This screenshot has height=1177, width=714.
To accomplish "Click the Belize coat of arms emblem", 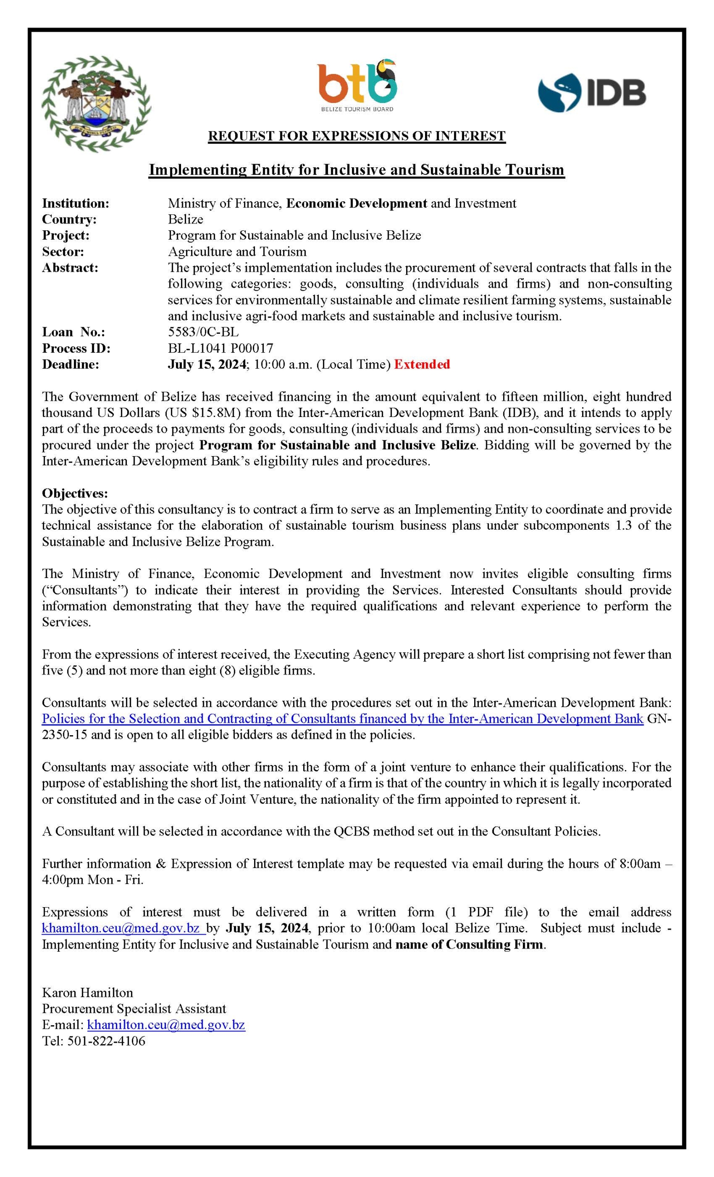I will (96, 103).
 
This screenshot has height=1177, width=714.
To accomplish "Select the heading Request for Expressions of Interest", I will (357, 136).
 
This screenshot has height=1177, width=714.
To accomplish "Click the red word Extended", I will (422, 365).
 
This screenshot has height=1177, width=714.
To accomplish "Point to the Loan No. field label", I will (74, 332).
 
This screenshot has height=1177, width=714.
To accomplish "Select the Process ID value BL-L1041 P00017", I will (220, 348).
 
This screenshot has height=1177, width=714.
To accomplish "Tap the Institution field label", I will (75, 204).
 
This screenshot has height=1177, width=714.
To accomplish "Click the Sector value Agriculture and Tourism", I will (237, 252).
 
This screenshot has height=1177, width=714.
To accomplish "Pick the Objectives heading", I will (75, 493).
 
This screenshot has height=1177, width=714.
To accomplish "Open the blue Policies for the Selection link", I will (342, 719).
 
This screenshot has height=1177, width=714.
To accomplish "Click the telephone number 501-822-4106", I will (107, 1041).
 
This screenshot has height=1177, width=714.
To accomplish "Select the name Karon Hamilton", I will (87, 993).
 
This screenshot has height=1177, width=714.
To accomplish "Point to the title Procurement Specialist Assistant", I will (134, 1009).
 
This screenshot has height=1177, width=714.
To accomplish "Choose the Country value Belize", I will (185, 219).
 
